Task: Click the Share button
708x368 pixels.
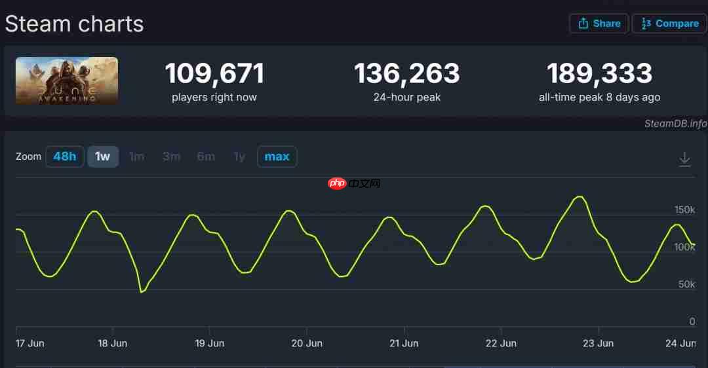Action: pyautogui.click(x=599, y=24)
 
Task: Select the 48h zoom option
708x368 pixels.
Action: pyautogui.click(x=65, y=156)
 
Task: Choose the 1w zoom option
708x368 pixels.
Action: pyautogui.click(x=103, y=156)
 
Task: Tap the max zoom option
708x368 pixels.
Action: pyautogui.click(x=277, y=156)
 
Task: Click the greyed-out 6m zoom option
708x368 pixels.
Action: pyautogui.click(x=206, y=156)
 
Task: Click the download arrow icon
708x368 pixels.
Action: pyautogui.click(x=684, y=159)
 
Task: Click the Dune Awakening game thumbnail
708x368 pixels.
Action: pyautogui.click(x=67, y=81)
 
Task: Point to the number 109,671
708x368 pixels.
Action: pyautogui.click(x=214, y=73)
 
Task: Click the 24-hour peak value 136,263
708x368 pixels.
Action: pyautogui.click(x=406, y=73)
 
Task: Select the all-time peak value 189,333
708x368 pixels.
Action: pyautogui.click(x=599, y=73)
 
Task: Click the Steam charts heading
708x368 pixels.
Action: pyautogui.click(x=74, y=24)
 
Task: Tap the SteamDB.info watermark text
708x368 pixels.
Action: pyautogui.click(x=675, y=124)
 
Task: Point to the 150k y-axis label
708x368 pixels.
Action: pyautogui.click(x=684, y=210)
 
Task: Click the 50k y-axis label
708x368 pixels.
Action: pyautogui.click(x=686, y=284)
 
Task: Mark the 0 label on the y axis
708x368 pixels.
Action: pyautogui.click(x=692, y=322)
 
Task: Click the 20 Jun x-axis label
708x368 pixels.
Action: pyautogui.click(x=307, y=343)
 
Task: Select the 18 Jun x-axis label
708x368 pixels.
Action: pyautogui.click(x=113, y=343)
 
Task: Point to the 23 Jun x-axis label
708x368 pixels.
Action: pyautogui.click(x=598, y=343)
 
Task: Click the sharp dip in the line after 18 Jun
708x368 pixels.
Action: pyautogui.click(x=141, y=291)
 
